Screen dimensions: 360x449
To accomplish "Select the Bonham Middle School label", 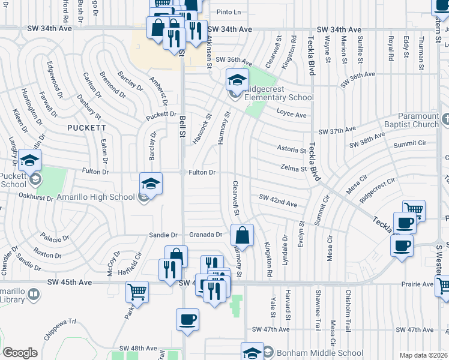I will click(313, 353).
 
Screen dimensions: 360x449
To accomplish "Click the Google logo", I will click(20, 353).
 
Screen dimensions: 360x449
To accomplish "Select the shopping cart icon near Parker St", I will click(137, 292).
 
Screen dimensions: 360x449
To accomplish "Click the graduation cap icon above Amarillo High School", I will click(151, 182).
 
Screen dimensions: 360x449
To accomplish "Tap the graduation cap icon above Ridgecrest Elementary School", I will click(237, 79).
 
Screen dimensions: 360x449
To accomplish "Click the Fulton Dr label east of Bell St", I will click(202, 172).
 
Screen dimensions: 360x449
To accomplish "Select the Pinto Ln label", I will click(228, 12).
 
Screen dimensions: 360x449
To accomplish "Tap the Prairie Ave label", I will click(419, 284).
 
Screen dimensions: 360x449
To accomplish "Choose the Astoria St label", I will click(291, 149).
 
